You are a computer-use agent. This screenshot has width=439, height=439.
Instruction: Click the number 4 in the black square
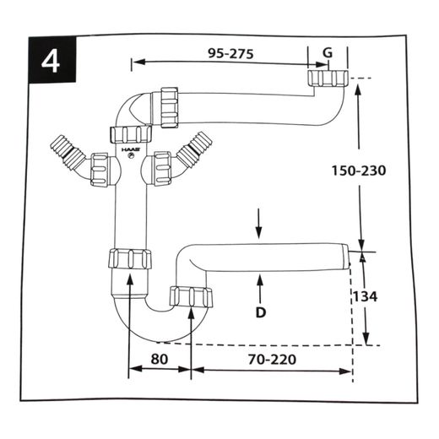click(51, 62)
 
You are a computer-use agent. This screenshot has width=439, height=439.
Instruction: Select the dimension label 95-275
click(230, 53)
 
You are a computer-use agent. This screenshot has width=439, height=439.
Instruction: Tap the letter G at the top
click(328, 52)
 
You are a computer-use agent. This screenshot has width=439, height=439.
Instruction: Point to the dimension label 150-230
click(359, 171)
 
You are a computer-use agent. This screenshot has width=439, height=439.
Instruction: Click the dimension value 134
click(365, 296)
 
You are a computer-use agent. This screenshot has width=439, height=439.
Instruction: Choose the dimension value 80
click(160, 359)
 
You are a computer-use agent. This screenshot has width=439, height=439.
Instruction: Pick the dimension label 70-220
click(272, 359)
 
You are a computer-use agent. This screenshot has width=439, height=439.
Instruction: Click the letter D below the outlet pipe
click(261, 312)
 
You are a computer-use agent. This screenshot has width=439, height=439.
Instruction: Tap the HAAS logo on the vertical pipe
click(131, 150)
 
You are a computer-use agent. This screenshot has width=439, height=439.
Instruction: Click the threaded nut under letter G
click(328, 79)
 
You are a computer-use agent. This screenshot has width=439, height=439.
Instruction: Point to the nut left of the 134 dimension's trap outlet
click(191, 296)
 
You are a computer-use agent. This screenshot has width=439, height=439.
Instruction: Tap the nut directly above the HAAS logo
click(131, 134)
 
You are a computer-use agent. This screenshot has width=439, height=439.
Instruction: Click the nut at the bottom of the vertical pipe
click(130, 258)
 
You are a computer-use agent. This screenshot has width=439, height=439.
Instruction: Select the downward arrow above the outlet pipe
click(259, 224)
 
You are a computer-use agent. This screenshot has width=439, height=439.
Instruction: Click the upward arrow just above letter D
click(260, 290)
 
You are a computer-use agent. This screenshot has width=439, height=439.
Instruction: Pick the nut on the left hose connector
click(100, 169)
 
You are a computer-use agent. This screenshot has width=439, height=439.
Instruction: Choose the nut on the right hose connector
click(162, 169)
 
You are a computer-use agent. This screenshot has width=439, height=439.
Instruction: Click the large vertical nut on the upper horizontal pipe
click(170, 108)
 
